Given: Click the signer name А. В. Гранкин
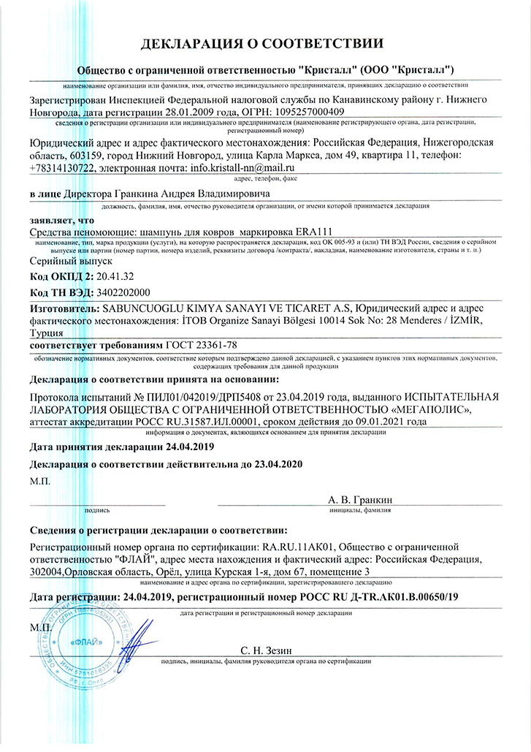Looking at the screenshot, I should point(360,499).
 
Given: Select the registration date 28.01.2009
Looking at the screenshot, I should point(181,112).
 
